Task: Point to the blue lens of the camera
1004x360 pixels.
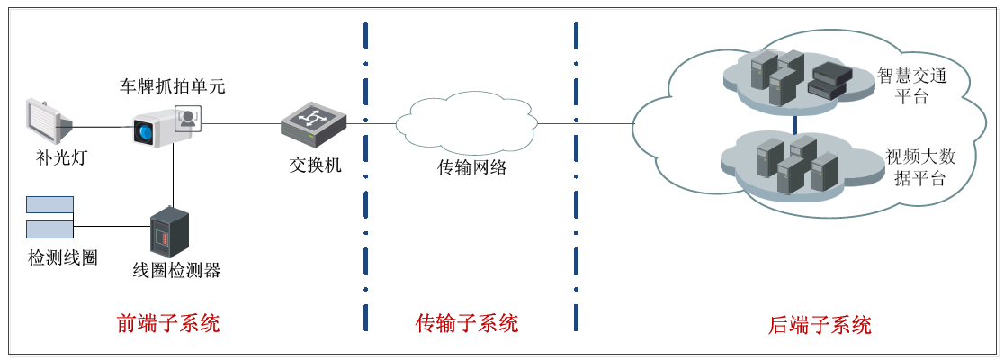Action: tap(144, 131)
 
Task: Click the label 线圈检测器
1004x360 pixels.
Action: tap(176, 270)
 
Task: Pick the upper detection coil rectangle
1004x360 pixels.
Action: tap(49, 204)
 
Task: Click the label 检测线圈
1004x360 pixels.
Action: tap(63, 258)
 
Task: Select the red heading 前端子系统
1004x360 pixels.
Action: tap(168, 323)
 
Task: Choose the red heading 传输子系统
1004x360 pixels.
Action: tap(467, 323)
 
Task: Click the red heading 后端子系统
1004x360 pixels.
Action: tap(820, 324)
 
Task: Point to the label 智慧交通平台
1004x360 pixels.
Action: tap(911, 86)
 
